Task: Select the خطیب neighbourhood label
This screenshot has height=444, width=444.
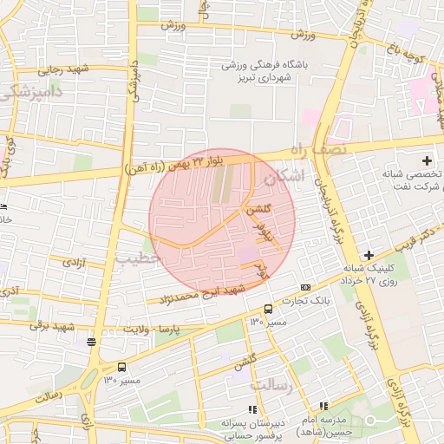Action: click(139, 258)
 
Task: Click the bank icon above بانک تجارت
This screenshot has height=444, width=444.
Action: click(305, 287)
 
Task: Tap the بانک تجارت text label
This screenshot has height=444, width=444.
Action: click(311, 300)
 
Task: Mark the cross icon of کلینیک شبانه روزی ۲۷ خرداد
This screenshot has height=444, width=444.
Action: click(369, 255)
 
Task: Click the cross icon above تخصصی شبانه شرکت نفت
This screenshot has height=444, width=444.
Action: click(427, 160)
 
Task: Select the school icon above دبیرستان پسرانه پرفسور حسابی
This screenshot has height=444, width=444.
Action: click(252, 409)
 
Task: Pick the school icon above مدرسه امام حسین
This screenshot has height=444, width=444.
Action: click(323, 406)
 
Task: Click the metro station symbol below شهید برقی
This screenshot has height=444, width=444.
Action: click(91, 342)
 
